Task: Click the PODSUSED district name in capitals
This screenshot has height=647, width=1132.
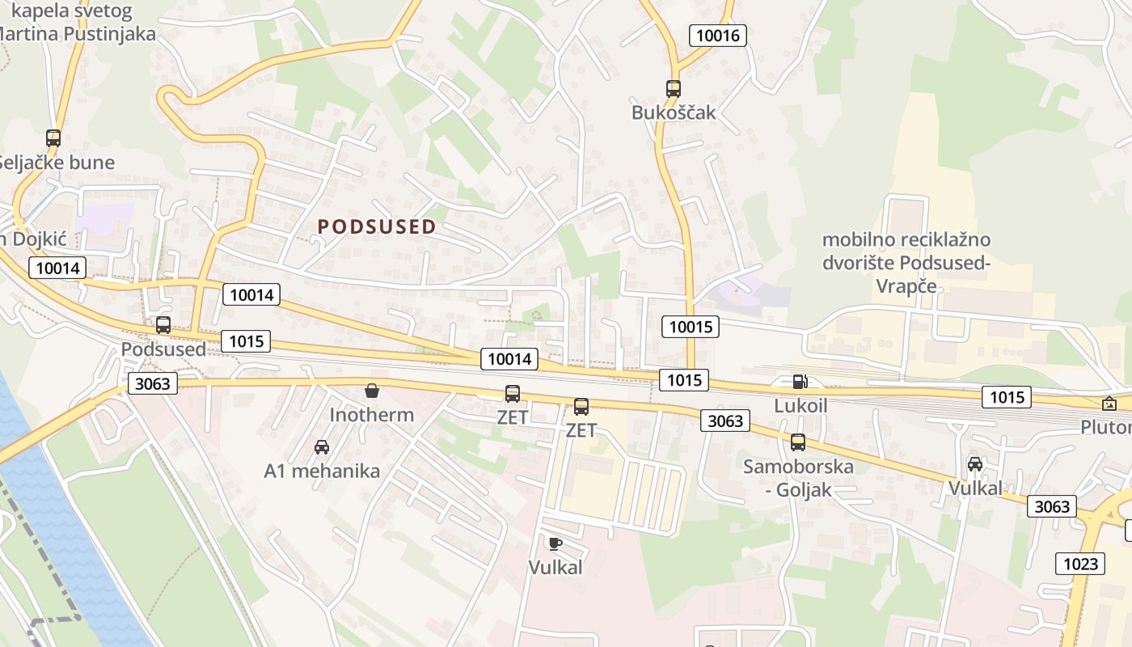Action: point(378,227)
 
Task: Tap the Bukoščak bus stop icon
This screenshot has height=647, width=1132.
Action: point(674,89)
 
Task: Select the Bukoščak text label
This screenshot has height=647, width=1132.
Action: point(674,112)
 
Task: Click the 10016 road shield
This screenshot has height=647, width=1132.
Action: point(717,36)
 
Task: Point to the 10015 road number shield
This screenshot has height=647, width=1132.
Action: point(690,327)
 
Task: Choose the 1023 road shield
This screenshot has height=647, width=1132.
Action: point(1080,563)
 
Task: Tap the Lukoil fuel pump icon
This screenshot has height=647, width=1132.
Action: point(800,382)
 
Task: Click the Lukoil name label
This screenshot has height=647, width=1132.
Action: point(800,405)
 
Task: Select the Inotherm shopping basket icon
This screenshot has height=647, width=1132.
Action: point(372,391)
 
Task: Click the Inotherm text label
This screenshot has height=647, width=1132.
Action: point(372,415)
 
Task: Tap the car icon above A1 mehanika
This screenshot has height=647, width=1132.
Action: point(322,446)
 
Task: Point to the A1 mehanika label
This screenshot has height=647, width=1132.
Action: point(322,471)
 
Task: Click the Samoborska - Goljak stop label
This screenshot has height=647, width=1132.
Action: point(798,478)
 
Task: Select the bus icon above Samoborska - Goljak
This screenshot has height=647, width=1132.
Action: point(798,442)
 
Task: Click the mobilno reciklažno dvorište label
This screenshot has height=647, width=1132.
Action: point(906,263)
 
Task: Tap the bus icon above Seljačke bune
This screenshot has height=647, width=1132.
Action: point(53,138)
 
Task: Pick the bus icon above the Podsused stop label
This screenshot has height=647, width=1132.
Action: point(163,325)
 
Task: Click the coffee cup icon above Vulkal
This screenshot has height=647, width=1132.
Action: point(555,543)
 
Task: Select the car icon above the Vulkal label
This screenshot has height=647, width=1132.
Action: point(975,464)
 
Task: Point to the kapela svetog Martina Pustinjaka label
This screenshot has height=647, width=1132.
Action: point(77,23)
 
